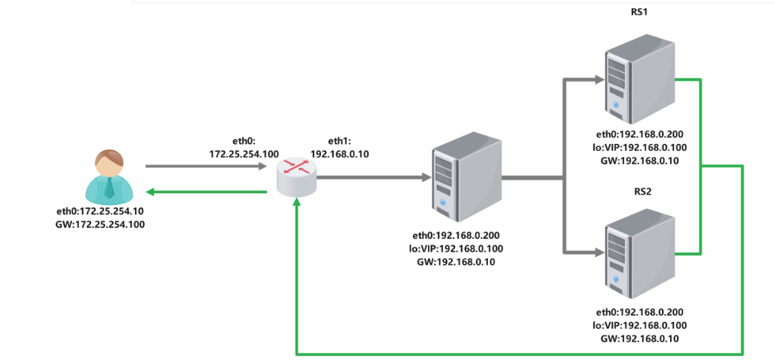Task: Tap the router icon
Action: [x=296, y=177]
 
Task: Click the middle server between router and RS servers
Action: [x=466, y=177]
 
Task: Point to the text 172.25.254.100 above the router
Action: [x=237, y=154]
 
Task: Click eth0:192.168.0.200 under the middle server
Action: [x=466, y=236]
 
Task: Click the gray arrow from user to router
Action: [x=206, y=167]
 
